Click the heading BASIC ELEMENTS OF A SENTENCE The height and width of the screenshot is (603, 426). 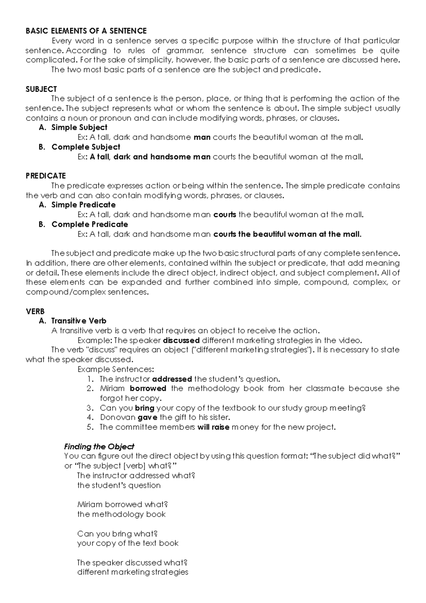[86, 31]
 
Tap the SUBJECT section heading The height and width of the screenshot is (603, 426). [41, 89]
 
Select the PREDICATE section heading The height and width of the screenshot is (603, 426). [46, 176]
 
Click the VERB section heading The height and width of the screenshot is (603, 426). [35, 311]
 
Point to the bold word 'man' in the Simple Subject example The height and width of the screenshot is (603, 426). [202, 137]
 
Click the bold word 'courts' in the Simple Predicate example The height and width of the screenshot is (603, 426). [225, 214]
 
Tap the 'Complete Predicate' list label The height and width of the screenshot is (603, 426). [89, 224]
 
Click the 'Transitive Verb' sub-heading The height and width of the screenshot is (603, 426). [79, 321]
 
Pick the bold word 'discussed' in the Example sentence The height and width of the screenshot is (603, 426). [181, 340]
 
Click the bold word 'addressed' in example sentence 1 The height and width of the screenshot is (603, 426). [172, 379]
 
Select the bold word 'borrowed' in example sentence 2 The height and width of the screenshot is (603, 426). [148, 389]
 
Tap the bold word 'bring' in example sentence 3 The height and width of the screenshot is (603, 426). [144, 408]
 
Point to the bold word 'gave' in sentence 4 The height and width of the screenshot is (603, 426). [147, 417]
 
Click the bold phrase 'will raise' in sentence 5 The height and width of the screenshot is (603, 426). [213, 427]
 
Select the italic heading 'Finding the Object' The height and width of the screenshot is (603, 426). [99, 447]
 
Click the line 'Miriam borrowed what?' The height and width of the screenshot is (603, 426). [122, 505]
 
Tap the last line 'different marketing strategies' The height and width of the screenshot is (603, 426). [133, 572]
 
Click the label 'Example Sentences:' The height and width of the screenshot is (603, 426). [116, 369]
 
